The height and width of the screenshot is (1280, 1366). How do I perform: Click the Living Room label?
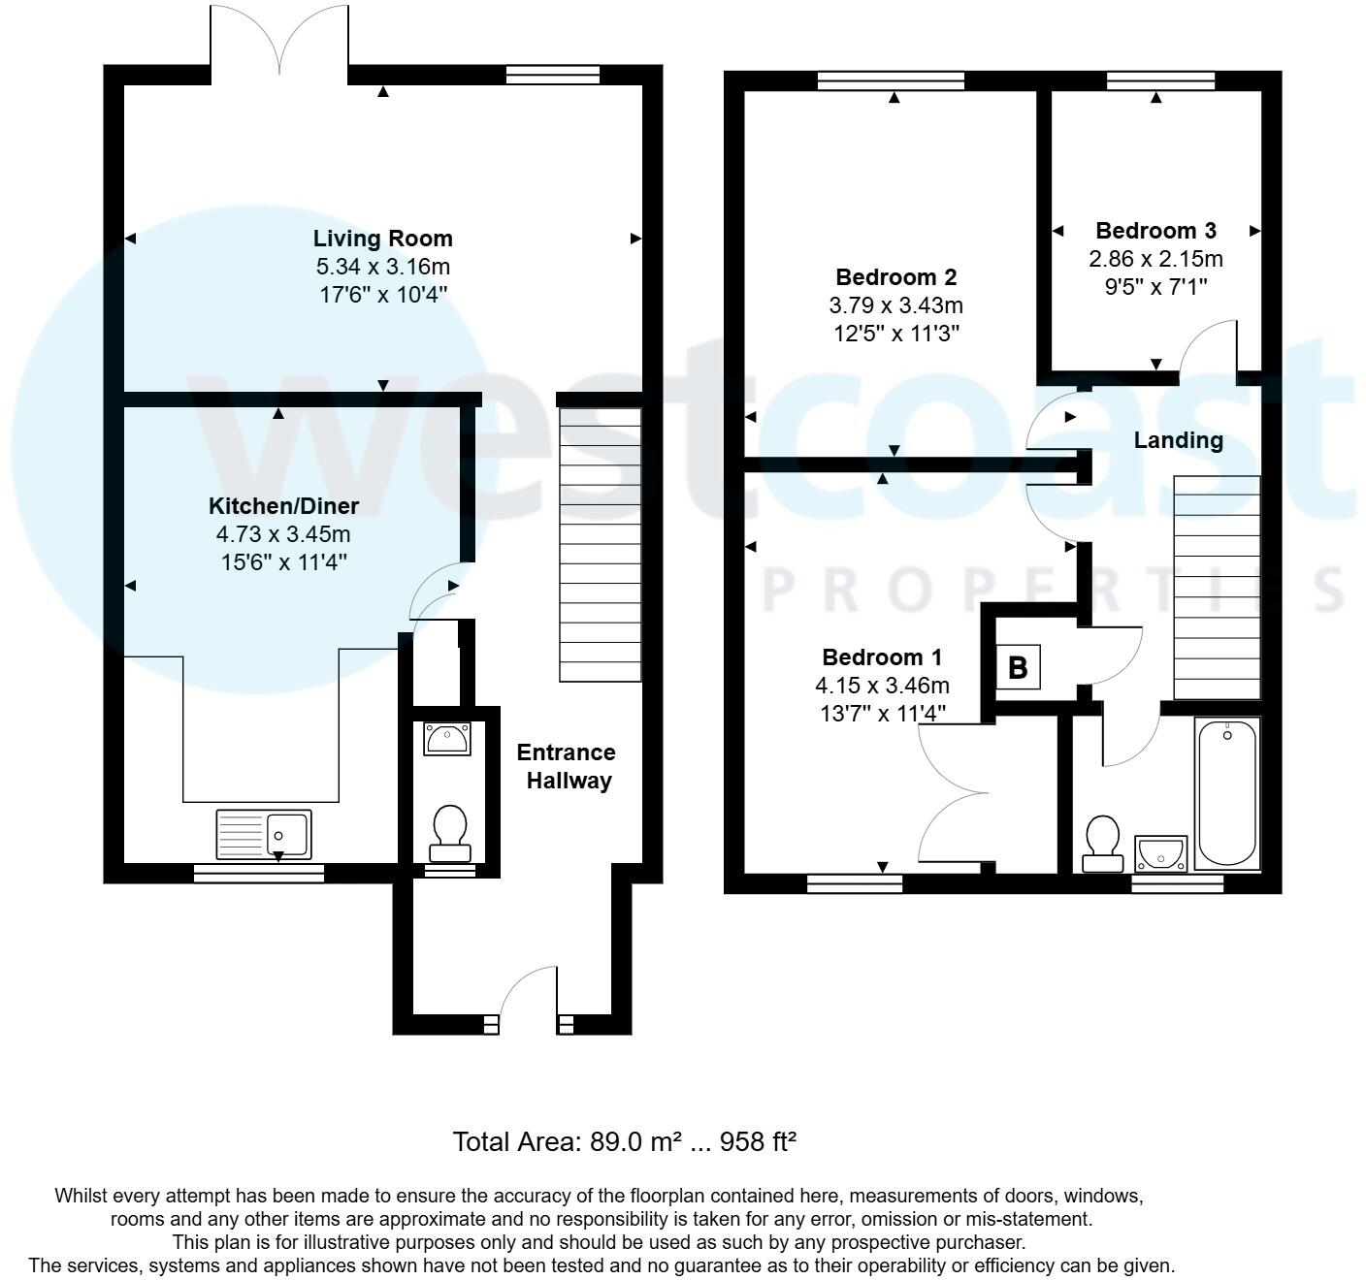pyautogui.click(x=382, y=239)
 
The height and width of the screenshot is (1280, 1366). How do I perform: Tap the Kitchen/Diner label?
pyautogui.click(x=283, y=506)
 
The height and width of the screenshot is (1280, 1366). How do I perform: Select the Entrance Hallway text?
pyautogui.click(x=567, y=767)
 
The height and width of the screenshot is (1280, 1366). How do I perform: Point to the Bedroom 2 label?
pyautogui.click(x=895, y=277)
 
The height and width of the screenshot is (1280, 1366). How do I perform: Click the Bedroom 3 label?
pyautogui.click(x=1155, y=231)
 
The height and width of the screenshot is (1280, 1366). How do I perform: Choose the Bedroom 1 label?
pyautogui.click(x=882, y=657)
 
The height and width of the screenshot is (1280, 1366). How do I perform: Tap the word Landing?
pyautogui.click(x=1178, y=440)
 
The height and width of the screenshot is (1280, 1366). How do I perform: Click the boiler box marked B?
pyautogui.click(x=1018, y=667)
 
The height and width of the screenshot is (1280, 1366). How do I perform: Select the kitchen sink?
pyautogui.click(x=264, y=834)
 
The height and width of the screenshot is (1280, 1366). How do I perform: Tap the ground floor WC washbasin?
pyautogui.click(x=447, y=740)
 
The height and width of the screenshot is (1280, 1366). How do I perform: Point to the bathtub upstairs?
pyautogui.click(x=1227, y=793)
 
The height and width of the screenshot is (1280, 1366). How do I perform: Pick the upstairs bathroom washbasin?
pyautogui.click(x=1161, y=852)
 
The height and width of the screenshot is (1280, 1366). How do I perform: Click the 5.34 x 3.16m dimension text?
pyautogui.click(x=382, y=267)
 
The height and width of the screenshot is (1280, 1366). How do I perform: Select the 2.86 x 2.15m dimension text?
pyautogui.click(x=1155, y=259)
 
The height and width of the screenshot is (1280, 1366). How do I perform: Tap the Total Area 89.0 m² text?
pyautogui.click(x=624, y=1141)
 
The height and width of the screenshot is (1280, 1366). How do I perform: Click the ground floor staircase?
pyautogui.click(x=601, y=544)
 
